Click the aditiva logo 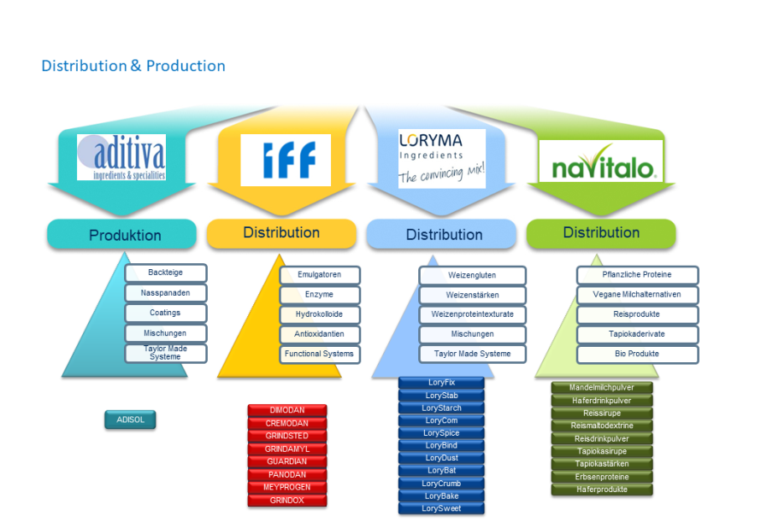tap(121, 157)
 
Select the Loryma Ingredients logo tap(442, 158)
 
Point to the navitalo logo tap(601, 161)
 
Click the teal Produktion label tap(121, 235)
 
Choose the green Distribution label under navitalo tap(601, 233)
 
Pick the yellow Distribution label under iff tap(281, 233)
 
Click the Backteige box tap(166, 273)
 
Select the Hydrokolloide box tap(319, 314)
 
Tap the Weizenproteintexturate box tap(472, 314)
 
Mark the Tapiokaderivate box tap(637, 334)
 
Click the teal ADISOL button tap(130, 419)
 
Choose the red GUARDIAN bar tap(286, 461)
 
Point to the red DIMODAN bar tap(286, 410)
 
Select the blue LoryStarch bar tap(442, 408)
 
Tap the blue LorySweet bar tap(442, 508)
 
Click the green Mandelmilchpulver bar tap(602, 387)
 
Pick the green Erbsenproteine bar tap(602, 477)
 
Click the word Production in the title tap(186, 66)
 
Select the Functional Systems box tap(319, 354)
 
